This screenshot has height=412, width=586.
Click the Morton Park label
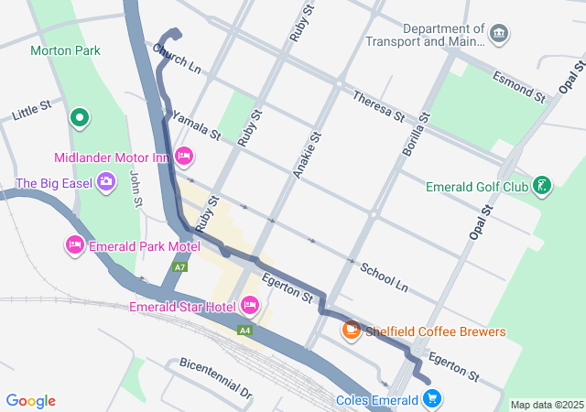tap(65, 50)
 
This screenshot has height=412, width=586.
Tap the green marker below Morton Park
tap(80, 117)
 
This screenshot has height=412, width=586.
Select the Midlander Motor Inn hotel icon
tap(183, 157)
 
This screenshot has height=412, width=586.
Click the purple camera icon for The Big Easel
tap(106, 181)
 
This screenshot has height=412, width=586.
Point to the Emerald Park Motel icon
tap(74, 244)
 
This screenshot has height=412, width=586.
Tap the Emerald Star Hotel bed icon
tap(249, 305)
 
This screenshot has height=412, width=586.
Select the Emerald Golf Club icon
tap(543, 187)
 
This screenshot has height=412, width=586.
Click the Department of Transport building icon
tap(499, 35)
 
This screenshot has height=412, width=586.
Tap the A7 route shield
tap(180, 267)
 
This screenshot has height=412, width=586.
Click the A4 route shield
tap(244, 331)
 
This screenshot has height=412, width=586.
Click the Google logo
tap(31, 401)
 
